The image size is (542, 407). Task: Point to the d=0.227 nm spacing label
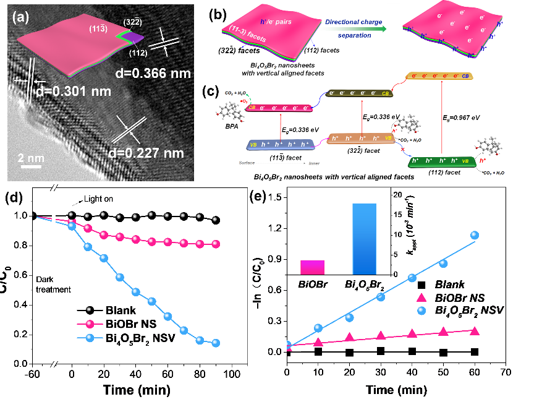tap(158, 152)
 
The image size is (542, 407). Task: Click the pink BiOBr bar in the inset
tap(312, 267)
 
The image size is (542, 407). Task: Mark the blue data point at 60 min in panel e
tap(475, 235)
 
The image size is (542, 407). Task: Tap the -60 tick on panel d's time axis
tap(33, 375)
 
